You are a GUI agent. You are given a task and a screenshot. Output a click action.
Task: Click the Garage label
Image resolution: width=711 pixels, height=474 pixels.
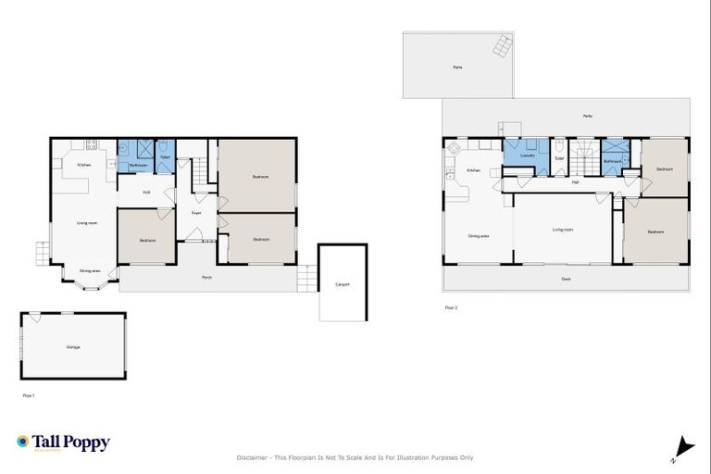pyautogui.click(x=73, y=347)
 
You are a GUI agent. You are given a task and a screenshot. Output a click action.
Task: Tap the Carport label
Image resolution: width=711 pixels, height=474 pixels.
pyautogui.click(x=343, y=284)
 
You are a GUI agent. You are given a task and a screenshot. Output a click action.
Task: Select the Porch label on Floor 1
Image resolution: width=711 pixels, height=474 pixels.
pyautogui.click(x=209, y=278)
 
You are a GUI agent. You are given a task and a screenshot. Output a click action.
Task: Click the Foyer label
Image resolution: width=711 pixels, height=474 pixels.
pyautogui.click(x=196, y=213)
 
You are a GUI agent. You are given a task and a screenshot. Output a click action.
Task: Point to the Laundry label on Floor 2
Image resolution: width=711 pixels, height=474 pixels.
pyautogui.click(x=528, y=156)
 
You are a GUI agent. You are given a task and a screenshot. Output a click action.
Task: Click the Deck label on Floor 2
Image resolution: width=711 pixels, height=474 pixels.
pyautogui.click(x=566, y=279)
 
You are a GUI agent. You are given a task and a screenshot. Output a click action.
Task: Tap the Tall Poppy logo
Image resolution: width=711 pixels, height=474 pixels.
pyautogui.click(x=63, y=443)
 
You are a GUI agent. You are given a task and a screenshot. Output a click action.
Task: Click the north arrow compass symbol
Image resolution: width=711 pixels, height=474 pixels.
pyautogui.click(x=683, y=448)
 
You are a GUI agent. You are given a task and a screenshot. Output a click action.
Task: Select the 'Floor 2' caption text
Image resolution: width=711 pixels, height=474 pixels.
pyautogui.click(x=451, y=306)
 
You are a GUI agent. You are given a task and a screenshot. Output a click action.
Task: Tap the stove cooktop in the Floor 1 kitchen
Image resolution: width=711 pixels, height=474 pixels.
pyautogui.click(x=91, y=144)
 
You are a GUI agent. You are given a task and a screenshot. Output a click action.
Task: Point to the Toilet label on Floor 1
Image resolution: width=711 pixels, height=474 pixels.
pyautogui.click(x=164, y=157)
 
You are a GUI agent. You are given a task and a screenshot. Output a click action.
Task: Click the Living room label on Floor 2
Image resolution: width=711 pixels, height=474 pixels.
pyautogui.click(x=562, y=230)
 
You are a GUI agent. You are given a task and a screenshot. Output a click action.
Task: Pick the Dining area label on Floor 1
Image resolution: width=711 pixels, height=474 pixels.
pyautogui.click(x=90, y=270)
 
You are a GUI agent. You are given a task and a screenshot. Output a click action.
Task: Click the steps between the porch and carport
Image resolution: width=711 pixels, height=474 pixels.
pyautogui.click(x=304, y=277)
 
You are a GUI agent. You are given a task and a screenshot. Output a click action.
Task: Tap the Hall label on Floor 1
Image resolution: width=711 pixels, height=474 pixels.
pyautogui.click(x=146, y=193)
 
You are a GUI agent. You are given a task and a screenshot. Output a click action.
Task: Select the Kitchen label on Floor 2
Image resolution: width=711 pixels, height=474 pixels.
pyautogui.click(x=472, y=170)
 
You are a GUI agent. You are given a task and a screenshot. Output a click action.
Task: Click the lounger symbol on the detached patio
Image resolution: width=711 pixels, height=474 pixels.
pyautogui.click(x=501, y=44)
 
